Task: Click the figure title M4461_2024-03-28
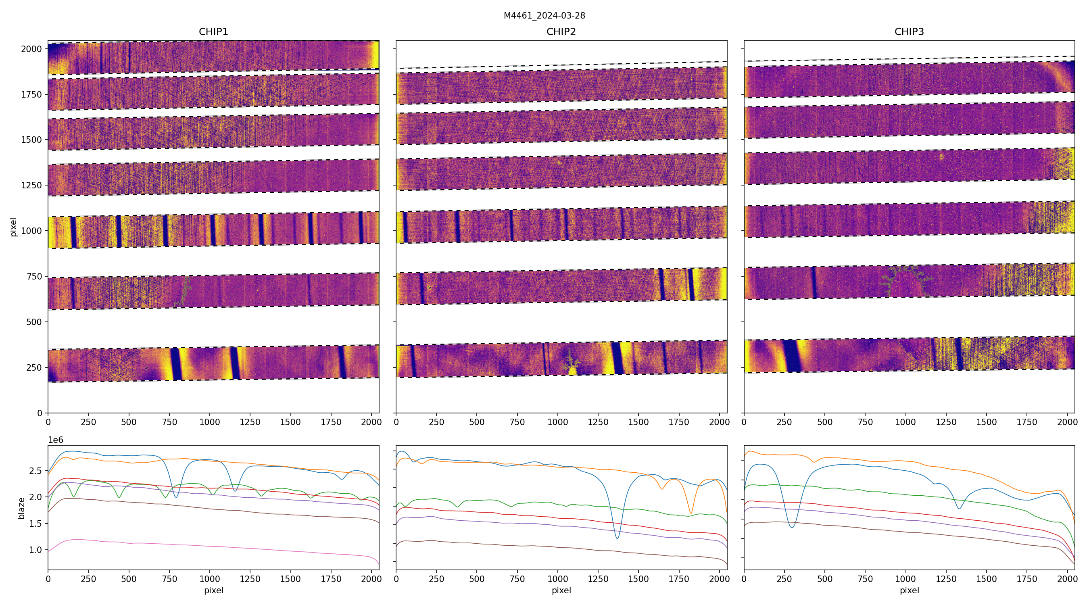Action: [x=544, y=16]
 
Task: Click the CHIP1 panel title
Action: [x=213, y=32]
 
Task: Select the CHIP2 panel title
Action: [x=561, y=32]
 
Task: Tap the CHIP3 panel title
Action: [x=909, y=32]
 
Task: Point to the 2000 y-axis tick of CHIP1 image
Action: [x=31, y=49]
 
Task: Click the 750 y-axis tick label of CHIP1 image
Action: [x=34, y=277]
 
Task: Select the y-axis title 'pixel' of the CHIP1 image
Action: [x=14, y=227]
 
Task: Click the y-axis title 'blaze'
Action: [x=21, y=508]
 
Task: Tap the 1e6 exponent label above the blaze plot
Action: [x=55, y=440]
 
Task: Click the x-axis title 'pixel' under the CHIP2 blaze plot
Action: [x=561, y=590]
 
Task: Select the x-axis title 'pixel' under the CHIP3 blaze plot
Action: [x=909, y=590]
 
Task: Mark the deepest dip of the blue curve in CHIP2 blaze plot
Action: [x=617, y=538]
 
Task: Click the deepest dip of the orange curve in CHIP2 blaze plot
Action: [x=691, y=513]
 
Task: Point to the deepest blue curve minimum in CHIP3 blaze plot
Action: [x=792, y=527]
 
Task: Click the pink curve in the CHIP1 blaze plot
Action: [x=211, y=543]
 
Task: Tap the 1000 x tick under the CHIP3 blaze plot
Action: [x=905, y=579]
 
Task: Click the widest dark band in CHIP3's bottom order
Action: [x=791, y=356]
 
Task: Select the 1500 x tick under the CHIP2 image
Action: [x=638, y=422]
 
